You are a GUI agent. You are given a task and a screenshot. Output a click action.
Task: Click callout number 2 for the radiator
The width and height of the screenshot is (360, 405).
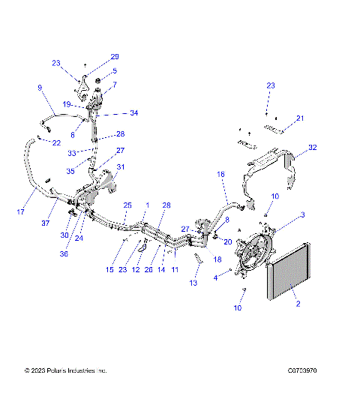tap(298, 304)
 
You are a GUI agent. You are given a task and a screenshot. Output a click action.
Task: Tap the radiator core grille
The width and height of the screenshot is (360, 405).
tap(289, 274)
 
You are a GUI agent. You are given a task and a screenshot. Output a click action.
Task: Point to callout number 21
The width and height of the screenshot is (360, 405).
tap(300, 118)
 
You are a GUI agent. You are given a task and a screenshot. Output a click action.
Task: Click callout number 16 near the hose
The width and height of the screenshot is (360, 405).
tap(221, 174)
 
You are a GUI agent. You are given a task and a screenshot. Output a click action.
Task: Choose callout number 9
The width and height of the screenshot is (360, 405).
tap(40, 88)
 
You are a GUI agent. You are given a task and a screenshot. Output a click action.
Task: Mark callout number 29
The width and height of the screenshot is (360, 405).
tap(115, 56)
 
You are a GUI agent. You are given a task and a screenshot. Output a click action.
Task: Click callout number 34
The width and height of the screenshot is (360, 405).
tap(133, 113)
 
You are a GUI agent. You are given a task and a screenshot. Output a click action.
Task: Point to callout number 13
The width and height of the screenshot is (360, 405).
tap(195, 284)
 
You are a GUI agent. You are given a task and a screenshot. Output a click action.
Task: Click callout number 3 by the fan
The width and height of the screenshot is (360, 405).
tap(302, 215)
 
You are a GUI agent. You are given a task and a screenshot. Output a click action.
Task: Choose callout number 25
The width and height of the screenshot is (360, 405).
tap(127, 205)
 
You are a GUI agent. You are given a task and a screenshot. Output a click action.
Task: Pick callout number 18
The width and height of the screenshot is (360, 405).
tap(217, 259)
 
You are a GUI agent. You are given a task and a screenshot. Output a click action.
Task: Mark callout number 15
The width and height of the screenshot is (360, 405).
tap(110, 269)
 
